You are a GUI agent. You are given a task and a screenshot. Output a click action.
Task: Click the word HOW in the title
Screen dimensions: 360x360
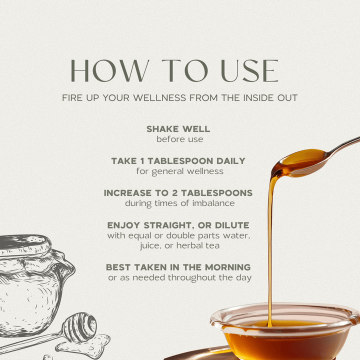(x=109, y=70)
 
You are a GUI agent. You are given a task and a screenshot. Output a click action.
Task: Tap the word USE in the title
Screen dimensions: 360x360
(x=249, y=70)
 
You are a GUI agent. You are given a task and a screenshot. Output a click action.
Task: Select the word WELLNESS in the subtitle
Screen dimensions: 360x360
(x=159, y=98)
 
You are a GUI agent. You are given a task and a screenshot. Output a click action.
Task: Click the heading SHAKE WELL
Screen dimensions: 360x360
(x=178, y=129)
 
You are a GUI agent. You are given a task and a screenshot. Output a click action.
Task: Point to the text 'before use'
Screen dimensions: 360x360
(x=180, y=139)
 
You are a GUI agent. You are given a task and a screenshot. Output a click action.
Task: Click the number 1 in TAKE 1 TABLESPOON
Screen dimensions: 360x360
(x=142, y=161)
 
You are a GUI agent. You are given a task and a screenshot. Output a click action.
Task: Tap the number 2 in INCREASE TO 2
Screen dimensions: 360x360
(x=174, y=193)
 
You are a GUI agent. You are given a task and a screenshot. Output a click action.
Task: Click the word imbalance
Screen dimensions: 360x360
(x=213, y=203)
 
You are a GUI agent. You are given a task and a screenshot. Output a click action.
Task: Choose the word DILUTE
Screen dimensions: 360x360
(x=232, y=225)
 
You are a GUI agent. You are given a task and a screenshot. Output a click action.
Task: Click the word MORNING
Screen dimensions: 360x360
(x=228, y=267)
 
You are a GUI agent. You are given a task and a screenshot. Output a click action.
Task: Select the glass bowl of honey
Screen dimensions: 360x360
(x=285, y=330)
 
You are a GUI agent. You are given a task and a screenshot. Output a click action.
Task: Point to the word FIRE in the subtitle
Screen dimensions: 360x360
(x=72, y=98)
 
